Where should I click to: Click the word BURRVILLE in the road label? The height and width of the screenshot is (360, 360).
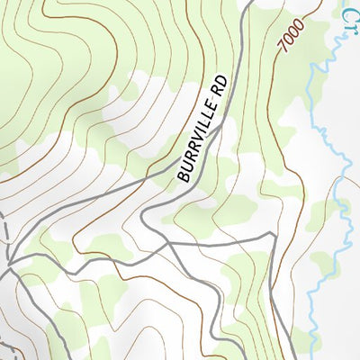tap(196, 145)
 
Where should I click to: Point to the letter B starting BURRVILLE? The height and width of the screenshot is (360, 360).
tap(183, 177)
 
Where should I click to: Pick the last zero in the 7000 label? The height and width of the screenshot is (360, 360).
tap(299, 24)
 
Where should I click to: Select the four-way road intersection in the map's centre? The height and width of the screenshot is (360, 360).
tap(168, 241)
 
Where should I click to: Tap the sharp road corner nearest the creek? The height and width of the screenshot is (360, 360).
tap(272, 234)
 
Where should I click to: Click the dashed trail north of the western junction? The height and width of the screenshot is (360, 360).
tap(5, 229)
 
